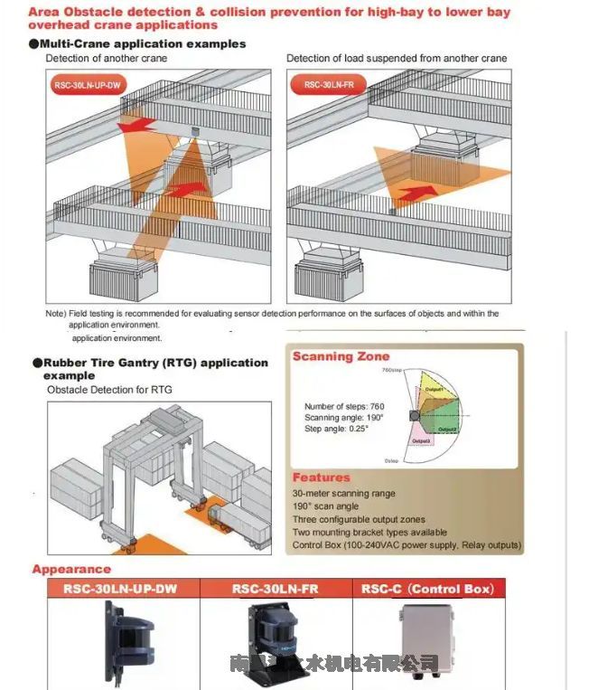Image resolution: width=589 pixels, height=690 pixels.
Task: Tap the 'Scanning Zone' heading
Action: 341,356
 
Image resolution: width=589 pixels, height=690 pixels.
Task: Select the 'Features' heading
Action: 321,477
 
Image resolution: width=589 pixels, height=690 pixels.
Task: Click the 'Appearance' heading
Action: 71,569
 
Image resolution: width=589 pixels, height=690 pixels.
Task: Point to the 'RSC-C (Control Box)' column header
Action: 427,589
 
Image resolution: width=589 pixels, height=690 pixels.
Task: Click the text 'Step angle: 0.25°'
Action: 340,429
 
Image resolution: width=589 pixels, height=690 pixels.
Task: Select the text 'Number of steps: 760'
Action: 345,406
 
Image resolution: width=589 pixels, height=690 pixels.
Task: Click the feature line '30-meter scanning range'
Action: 344,494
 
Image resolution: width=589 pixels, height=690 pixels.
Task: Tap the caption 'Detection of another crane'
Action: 107,58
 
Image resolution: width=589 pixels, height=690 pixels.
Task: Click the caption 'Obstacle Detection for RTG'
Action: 109,390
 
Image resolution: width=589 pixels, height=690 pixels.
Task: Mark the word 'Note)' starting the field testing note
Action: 56,314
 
